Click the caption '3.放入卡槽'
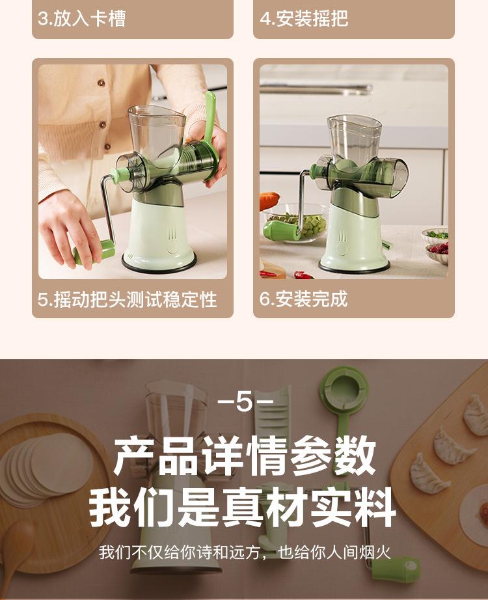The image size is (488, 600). click(81, 18)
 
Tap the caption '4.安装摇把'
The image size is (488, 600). click(304, 18)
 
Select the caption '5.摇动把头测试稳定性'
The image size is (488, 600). click(127, 300)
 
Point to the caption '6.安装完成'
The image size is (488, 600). click(304, 299)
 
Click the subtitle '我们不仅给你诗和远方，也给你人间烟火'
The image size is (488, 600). click(244, 553)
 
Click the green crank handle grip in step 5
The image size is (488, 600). click(94, 251)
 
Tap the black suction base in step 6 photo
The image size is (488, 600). click(355, 266)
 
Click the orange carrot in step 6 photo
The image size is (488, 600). click(269, 200)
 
